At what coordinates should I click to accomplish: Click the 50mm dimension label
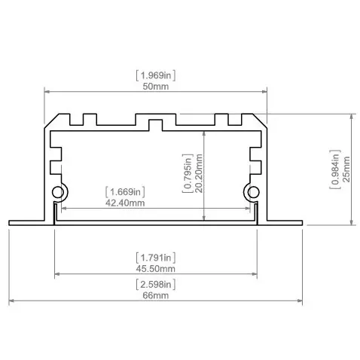[155, 87]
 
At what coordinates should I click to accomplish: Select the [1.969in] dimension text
[155, 75]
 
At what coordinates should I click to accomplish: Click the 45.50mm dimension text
[155, 268]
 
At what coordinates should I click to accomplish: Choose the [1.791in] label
[155, 256]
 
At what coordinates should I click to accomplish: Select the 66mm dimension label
[155, 296]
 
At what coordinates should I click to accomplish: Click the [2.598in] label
[155, 284]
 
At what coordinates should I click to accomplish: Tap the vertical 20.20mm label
[199, 173]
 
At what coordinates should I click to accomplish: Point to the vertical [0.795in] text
[188, 173]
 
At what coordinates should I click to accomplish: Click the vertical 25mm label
[346, 170]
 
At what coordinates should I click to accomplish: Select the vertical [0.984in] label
[334, 170]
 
